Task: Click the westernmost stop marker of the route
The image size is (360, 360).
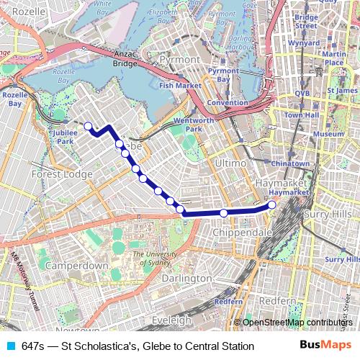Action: (88, 127)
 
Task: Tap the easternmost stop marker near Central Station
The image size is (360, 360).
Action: (272, 205)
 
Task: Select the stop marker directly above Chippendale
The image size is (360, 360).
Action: (224, 213)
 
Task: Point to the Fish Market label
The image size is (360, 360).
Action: (180, 85)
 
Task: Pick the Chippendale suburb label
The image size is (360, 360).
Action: (242, 233)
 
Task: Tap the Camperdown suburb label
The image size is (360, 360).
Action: (77, 266)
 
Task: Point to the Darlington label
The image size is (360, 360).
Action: (186, 278)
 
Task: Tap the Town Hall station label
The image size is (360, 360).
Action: (301, 115)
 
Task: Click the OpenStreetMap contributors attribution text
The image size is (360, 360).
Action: (297, 323)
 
